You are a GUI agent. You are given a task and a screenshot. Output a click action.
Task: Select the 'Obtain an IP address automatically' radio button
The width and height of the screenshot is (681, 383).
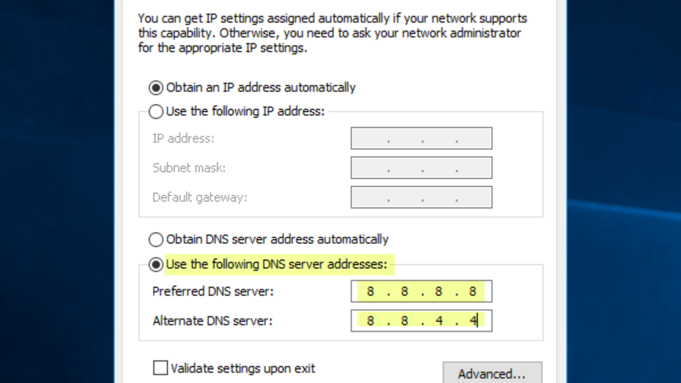point(156,88)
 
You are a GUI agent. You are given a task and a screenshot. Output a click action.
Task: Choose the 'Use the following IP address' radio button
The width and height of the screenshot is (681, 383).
point(156,112)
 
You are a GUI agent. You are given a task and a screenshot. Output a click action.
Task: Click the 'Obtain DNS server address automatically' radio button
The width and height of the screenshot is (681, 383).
point(156,239)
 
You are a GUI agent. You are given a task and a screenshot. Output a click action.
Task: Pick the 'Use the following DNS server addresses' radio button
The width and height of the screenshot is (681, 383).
point(156,264)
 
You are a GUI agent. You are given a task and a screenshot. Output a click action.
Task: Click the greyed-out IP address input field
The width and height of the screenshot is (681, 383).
point(421,138)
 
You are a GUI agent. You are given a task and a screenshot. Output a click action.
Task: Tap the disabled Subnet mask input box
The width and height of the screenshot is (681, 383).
point(421,168)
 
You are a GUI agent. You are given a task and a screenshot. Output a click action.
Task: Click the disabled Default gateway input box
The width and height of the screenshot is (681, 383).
point(421,197)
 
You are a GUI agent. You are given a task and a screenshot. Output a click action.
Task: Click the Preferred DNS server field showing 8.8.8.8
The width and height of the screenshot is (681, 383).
point(421,292)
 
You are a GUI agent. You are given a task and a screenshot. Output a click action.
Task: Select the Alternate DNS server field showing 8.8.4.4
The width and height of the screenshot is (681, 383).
point(421,321)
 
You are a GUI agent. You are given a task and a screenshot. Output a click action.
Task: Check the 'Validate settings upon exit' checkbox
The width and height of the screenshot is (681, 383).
point(161,368)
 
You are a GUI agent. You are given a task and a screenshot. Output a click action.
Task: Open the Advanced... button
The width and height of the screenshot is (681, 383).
point(492,374)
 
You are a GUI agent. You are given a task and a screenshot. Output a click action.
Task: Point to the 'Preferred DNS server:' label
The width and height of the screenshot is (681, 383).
point(213,292)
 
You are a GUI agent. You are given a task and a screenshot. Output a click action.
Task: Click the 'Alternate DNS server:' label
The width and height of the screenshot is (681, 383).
point(213,321)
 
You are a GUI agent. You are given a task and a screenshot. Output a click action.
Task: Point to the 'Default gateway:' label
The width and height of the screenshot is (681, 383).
point(200,197)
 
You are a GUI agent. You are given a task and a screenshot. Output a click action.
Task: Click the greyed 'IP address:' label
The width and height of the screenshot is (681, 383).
point(183,138)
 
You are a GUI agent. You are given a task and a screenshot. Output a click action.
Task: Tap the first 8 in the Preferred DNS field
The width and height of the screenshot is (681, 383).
point(371,292)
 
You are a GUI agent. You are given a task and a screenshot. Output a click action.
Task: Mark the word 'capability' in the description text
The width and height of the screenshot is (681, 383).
point(186,33)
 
